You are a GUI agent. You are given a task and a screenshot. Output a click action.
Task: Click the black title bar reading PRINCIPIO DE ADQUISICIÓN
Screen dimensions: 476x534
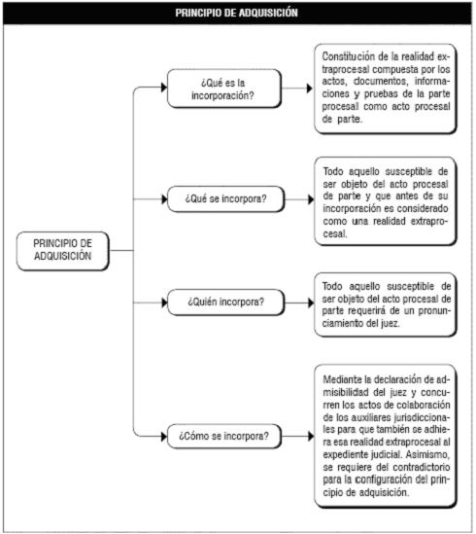[x=237, y=13]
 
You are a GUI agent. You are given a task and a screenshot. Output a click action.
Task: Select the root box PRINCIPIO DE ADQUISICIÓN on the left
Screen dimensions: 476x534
[x=63, y=251]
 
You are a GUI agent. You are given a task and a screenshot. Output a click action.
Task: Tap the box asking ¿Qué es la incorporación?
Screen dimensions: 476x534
[x=224, y=89]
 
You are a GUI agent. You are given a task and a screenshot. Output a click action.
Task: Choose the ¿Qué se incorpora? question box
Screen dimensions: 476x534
[x=226, y=198]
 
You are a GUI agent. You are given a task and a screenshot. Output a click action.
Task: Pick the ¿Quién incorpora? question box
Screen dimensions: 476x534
[x=226, y=303]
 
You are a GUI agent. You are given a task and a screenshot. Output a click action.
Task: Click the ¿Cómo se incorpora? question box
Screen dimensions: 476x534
[x=224, y=436]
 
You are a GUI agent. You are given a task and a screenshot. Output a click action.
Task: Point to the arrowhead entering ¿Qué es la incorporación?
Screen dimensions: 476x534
[x=164, y=88]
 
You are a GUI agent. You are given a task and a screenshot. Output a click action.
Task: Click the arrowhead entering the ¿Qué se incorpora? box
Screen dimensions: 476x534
[x=164, y=198]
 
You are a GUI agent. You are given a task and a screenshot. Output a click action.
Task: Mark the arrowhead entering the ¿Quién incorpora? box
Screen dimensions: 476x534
[x=164, y=303]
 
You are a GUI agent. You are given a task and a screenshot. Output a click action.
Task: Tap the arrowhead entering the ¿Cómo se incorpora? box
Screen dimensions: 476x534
[x=164, y=436]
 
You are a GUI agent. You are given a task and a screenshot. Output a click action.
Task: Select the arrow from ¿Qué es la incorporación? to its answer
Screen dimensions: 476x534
[x=297, y=89]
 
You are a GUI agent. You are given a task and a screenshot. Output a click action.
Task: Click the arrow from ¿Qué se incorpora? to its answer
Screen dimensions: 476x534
[x=299, y=199]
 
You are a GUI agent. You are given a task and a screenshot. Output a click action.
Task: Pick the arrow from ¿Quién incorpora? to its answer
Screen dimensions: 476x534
[x=299, y=303]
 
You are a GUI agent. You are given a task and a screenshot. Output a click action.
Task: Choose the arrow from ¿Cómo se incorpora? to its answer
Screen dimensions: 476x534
[x=297, y=436]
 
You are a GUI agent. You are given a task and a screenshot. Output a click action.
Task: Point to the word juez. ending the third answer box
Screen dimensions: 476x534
[x=390, y=323]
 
